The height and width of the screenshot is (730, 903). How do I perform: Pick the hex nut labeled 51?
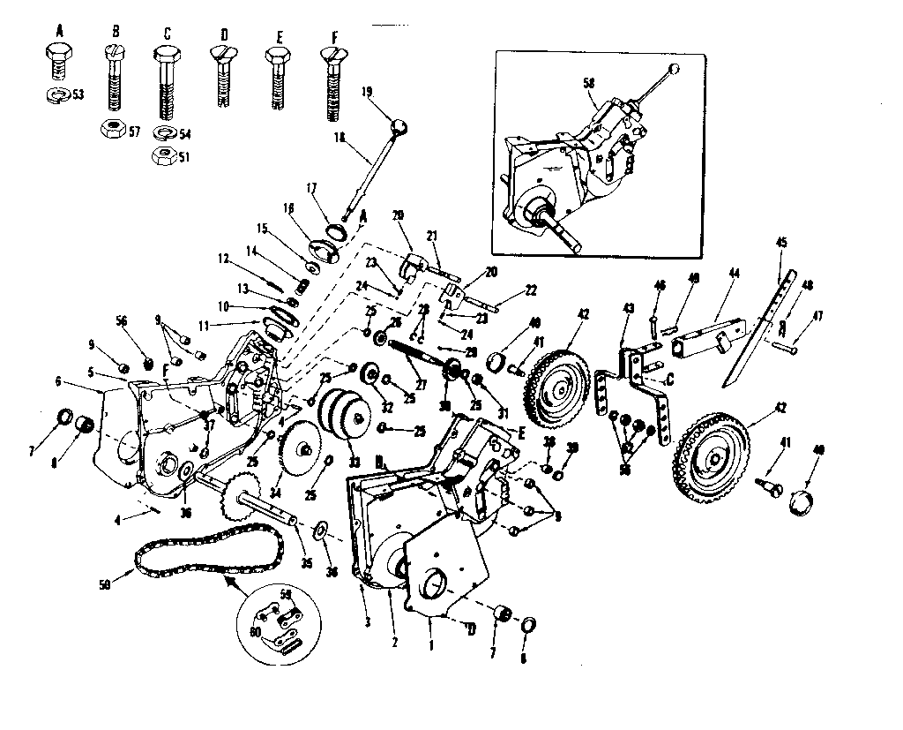pos(163,155)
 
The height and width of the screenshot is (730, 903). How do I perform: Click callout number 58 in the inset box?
pos(589,82)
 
